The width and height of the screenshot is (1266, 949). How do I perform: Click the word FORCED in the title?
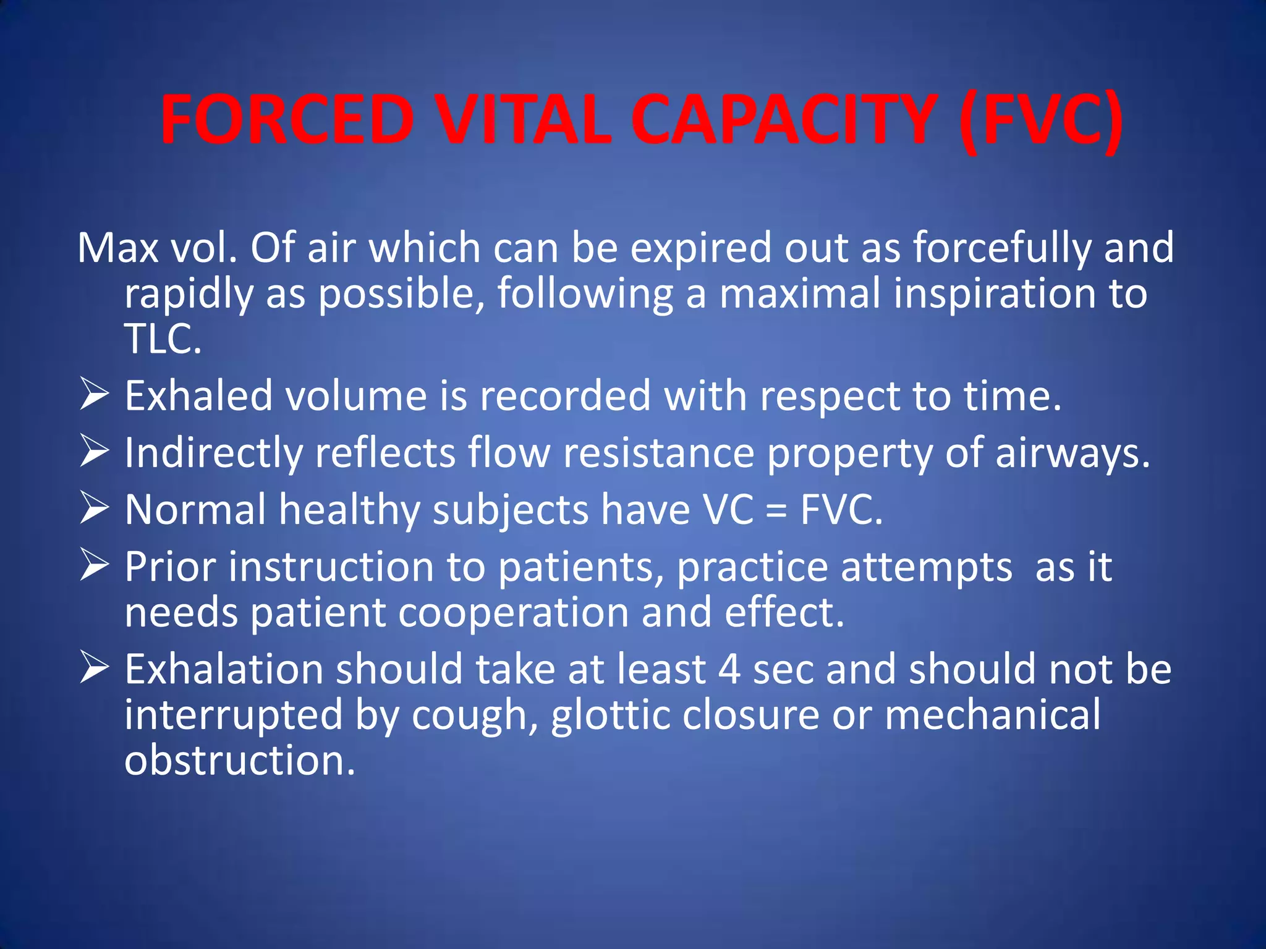(x=287, y=120)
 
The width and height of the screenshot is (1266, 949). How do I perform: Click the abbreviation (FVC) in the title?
(x=1042, y=120)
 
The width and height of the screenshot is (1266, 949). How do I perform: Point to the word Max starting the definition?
(x=117, y=248)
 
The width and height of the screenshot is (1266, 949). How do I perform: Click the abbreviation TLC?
(x=163, y=339)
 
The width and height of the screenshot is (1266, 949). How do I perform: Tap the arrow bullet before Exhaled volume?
(x=95, y=395)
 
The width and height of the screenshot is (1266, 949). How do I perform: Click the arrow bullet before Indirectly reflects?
(x=95, y=452)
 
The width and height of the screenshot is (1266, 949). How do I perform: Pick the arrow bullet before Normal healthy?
(x=95, y=509)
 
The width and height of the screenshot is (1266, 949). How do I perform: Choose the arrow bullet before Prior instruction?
(x=95, y=566)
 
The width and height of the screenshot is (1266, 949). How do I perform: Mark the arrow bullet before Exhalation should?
(x=95, y=669)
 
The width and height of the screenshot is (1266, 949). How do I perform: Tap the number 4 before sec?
(x=729, y=670)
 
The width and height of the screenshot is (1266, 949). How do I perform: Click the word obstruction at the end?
(x=240, y=760)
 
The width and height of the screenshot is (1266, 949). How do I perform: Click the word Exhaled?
(x=198, y=396)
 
